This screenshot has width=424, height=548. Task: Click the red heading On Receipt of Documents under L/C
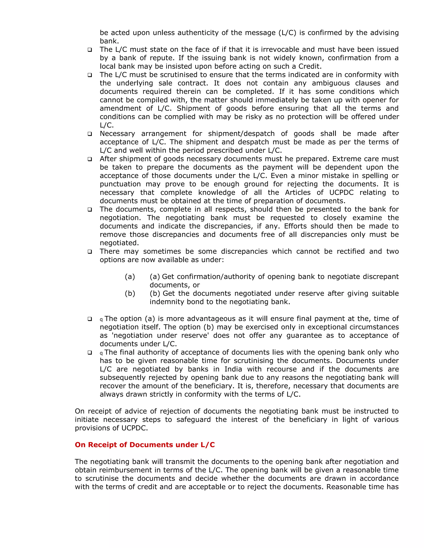tap(145, 445)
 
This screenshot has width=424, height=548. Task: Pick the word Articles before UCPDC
tap(299, 193)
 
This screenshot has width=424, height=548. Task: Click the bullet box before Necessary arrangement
tap(90, 134)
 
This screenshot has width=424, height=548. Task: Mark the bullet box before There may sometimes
tap(90, 252)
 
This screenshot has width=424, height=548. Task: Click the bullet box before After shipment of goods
tap(90, 159)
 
